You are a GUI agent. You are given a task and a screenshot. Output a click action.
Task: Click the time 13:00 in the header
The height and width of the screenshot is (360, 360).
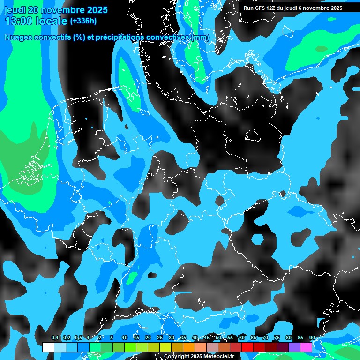click(18, 21)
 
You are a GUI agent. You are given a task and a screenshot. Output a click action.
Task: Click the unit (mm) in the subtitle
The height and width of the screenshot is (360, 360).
click(200, 37)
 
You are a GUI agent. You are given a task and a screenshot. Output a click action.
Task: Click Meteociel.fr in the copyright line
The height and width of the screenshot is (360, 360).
click(217, 357)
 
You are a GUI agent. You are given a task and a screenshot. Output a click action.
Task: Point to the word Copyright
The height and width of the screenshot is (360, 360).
click(176, 357)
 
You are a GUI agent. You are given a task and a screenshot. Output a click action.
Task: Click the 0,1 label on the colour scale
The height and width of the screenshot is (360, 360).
click(55, 338)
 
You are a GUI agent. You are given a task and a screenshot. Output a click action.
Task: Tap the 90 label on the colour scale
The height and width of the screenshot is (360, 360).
click(312, 338)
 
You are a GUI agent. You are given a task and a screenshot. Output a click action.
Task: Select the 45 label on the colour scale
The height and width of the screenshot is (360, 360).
click(207, 338)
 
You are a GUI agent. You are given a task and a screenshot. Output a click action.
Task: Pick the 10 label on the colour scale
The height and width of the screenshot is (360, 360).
click(124, 338)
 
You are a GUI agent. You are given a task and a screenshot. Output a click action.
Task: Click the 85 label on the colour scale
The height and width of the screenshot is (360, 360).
click(300, 338)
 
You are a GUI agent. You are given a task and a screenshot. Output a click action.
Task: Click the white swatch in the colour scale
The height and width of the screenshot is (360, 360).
click(48, 347)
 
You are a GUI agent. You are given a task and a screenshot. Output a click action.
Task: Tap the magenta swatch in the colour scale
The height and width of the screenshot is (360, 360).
click(306, 347)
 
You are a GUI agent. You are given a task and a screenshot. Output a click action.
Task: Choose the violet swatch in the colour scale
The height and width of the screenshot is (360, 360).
click(294, 347)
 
